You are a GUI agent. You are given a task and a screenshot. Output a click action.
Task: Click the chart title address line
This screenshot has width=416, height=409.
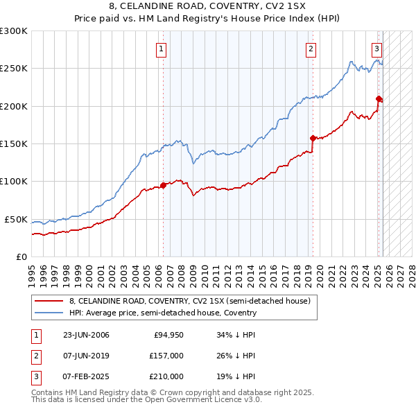coord(207,7)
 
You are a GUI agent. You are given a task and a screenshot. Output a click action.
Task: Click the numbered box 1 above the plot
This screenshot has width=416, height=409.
coord(160,49)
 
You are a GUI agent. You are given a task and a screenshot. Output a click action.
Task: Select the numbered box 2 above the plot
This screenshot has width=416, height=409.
coord(311,49)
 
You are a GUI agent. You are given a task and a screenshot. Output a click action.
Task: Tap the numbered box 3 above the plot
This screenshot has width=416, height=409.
coord(376,49)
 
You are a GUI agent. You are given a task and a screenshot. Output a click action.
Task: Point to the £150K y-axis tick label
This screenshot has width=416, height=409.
coord(13,143)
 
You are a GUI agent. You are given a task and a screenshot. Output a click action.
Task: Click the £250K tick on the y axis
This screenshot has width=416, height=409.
coord(13,69)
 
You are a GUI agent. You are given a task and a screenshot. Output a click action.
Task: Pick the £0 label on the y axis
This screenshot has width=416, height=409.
coord(21,256)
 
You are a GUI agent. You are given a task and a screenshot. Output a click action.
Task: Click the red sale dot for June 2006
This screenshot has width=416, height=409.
coord(164,185)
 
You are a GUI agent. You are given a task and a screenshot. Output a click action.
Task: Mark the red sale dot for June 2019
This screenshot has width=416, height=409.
coord(313,138)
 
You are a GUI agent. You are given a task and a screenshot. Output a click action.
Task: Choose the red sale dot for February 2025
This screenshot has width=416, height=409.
coord(379,98)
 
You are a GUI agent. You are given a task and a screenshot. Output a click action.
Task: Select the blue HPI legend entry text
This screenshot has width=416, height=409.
coord(163,313)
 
